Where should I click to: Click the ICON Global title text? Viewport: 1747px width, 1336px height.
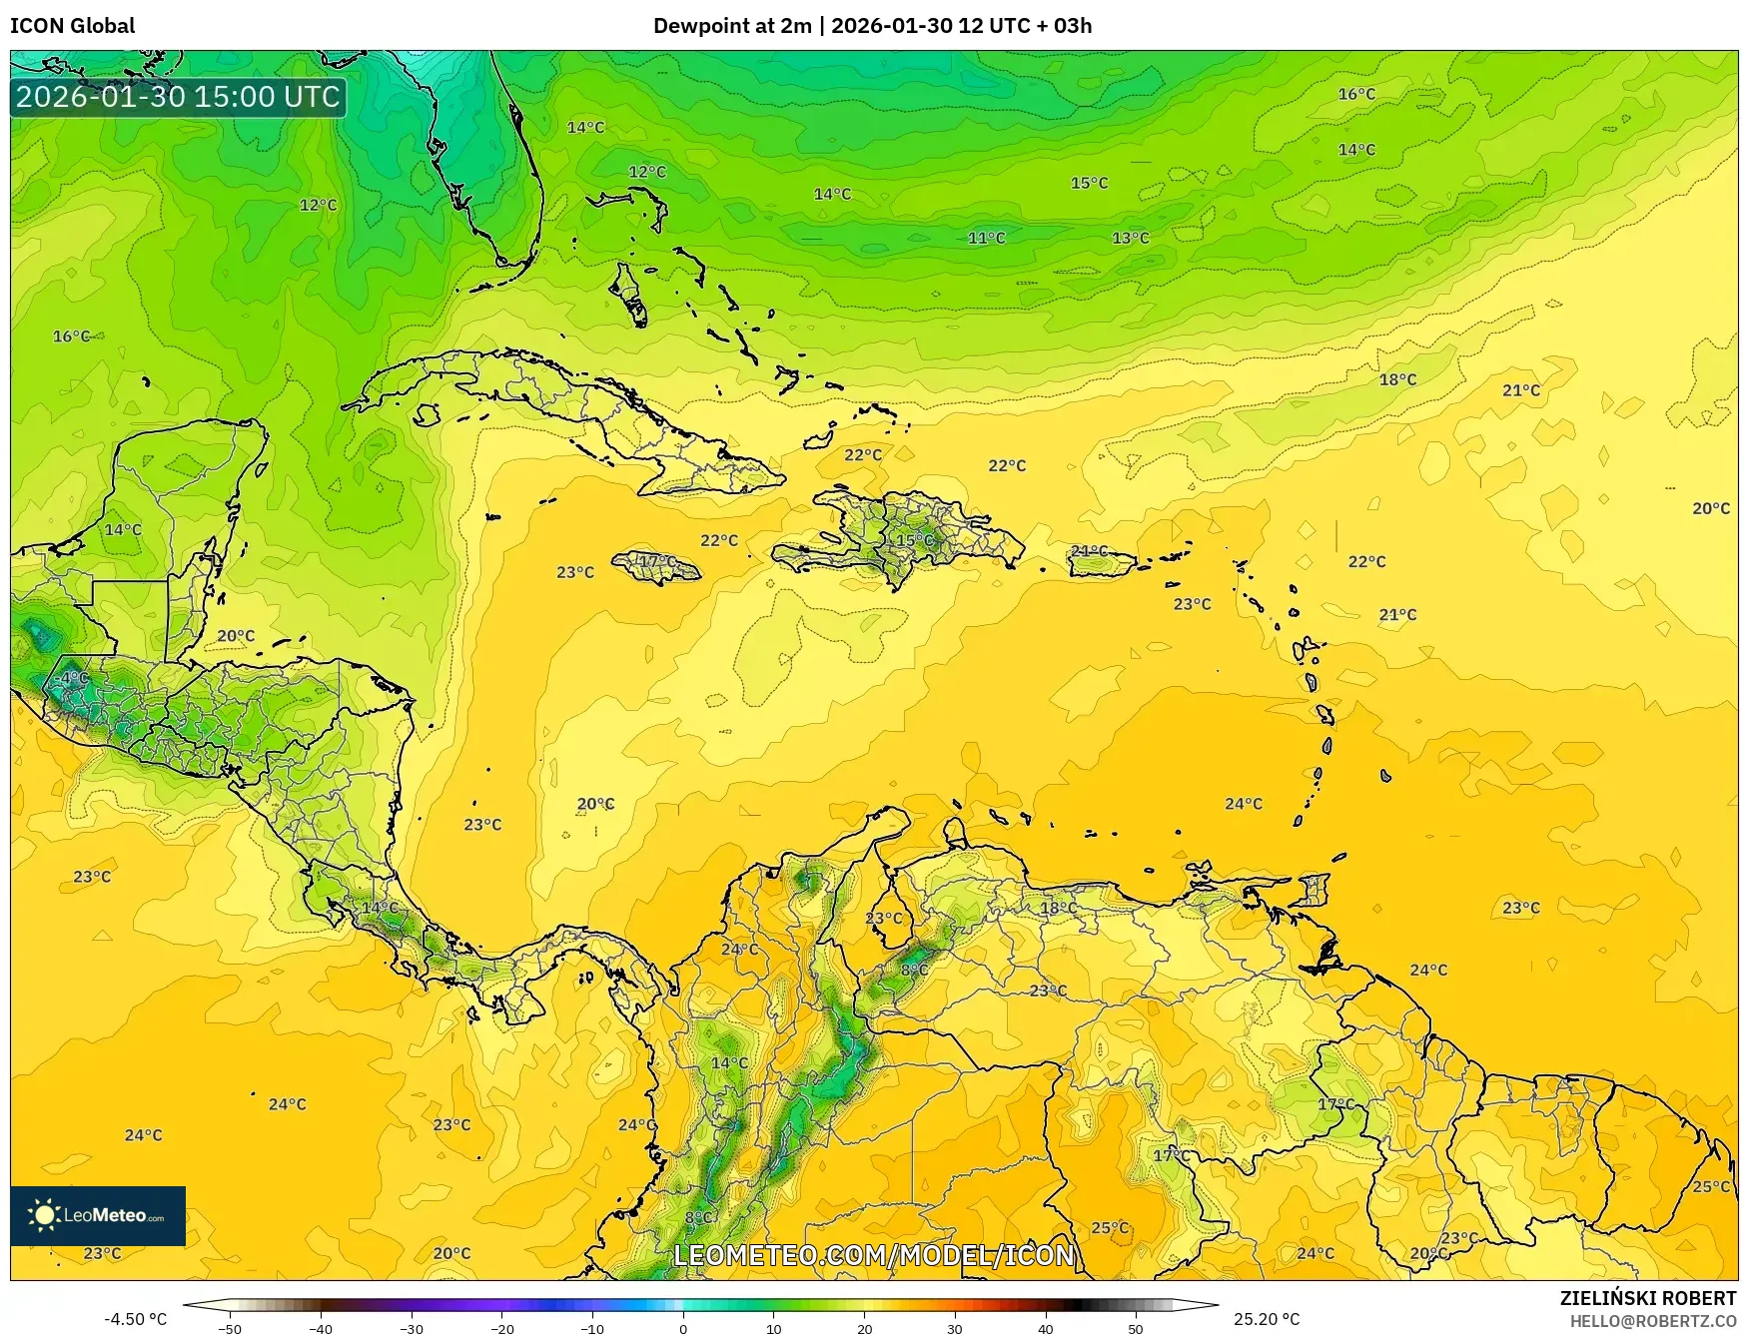pos(72,26)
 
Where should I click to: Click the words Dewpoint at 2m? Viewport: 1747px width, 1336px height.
pos(732,26)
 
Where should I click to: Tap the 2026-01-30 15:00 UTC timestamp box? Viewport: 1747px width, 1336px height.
pos(178,97)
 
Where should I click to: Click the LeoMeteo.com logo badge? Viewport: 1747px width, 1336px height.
pos(98,1215)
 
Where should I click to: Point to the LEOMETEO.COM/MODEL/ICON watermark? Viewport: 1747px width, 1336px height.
pos(874,1255)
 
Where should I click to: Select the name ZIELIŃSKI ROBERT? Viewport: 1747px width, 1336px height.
pos(1648,1298)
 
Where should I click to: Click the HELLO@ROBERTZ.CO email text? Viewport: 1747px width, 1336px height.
pos(1652,1321)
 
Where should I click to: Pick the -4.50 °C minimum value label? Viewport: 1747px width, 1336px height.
pos(136,1319)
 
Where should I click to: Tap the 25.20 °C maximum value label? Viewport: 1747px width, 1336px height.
pos(1267,1319)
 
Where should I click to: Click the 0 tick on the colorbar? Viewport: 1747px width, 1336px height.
pos(683,1328)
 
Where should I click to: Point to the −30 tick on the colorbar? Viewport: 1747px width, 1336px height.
pos(412,1328)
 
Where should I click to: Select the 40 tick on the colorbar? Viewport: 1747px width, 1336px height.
pos(1045,1328)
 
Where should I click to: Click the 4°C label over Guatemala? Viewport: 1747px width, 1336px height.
pos(75,678)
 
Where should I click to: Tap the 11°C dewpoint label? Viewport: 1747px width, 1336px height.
pos(986,238)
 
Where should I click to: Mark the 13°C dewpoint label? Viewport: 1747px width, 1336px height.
pos(1131,238)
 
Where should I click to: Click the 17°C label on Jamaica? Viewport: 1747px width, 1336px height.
pos(656,561)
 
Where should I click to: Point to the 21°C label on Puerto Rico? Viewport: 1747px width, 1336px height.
pos(1089,551)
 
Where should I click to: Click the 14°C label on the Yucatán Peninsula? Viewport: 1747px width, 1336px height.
pos(123,529)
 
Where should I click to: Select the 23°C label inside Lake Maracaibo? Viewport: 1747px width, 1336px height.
pos(883,918)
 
